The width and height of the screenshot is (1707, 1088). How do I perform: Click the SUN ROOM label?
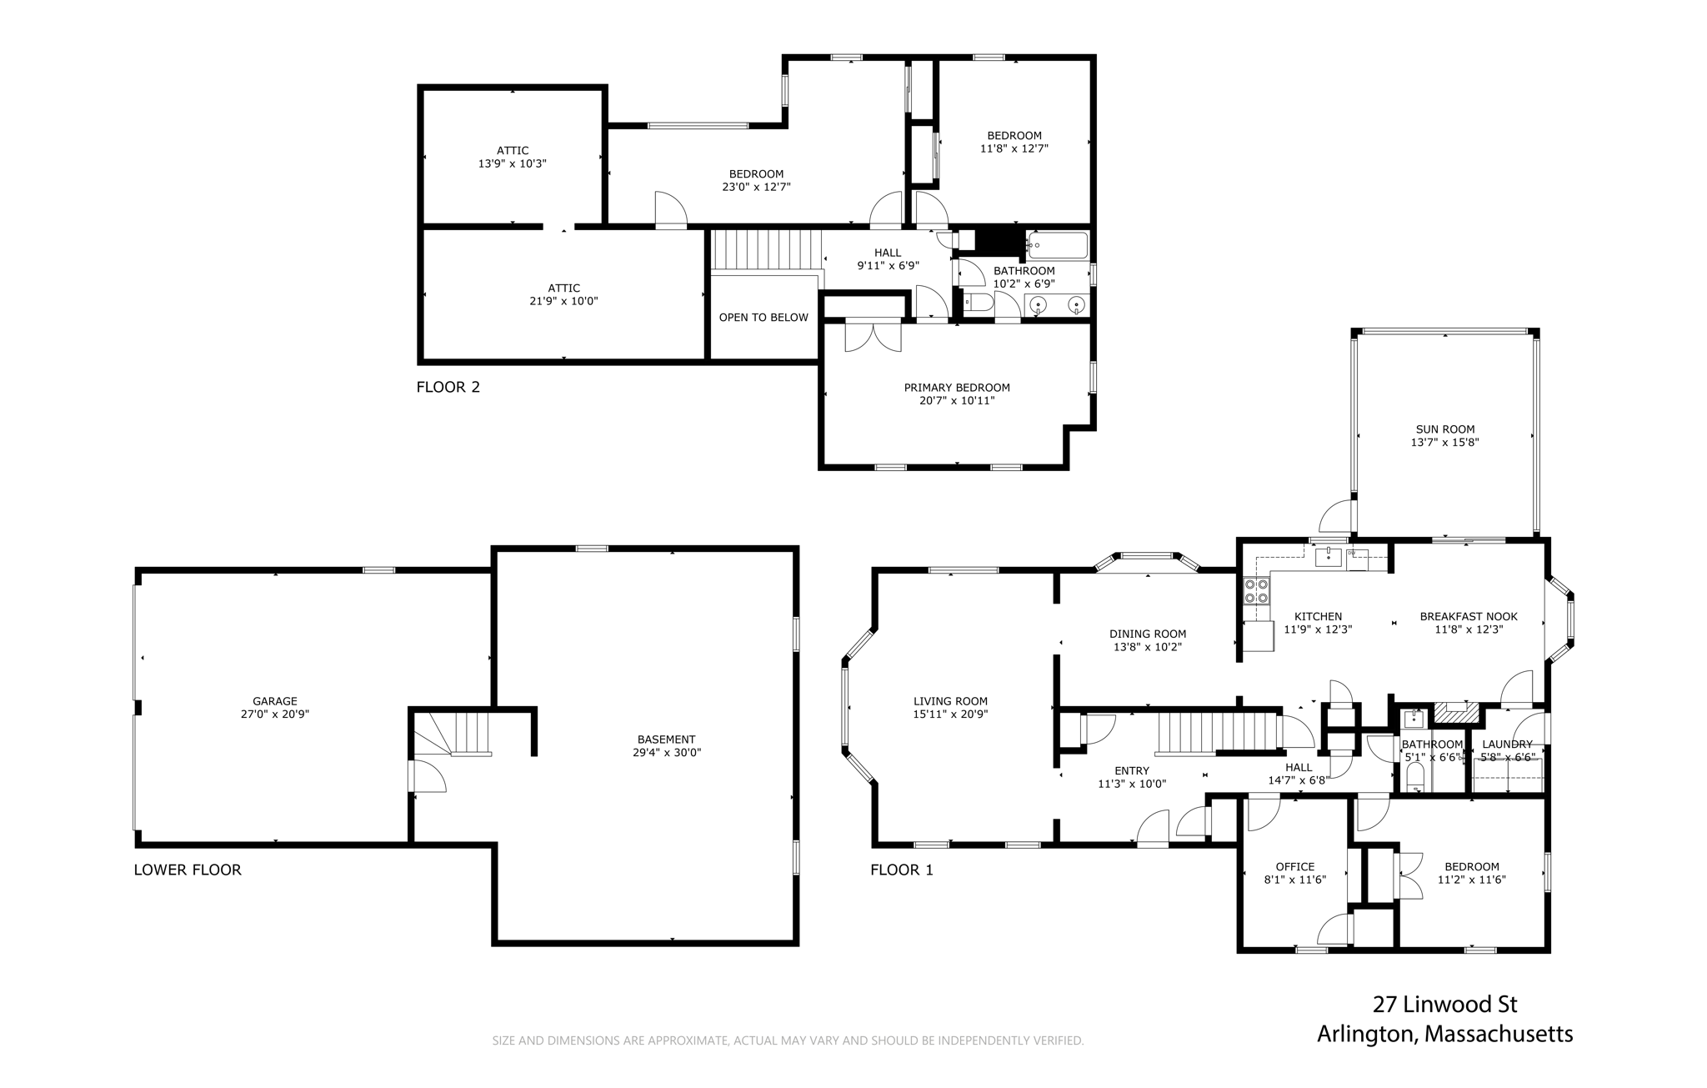point(1444,429)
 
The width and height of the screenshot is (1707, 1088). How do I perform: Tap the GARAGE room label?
point(275,701)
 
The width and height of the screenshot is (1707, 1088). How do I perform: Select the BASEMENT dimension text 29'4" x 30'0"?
point(666,752)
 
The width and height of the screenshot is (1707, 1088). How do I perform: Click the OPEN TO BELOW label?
point(763,317)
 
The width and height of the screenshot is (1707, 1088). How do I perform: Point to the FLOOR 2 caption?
point(448,387)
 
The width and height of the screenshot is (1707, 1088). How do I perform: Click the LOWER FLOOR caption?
point(188,870)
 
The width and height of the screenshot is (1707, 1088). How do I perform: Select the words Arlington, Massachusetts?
point(1445,1035)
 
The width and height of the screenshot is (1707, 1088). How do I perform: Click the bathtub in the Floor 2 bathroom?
point(1057,246)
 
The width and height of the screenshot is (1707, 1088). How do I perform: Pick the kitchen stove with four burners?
point(1256,591)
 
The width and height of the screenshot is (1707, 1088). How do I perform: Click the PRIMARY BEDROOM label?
point(957,388)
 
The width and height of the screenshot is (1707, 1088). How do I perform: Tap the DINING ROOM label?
point(1148,634)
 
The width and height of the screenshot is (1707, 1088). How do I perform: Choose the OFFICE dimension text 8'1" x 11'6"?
point(1295,880)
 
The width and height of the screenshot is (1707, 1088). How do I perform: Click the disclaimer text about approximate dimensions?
point(788,1040)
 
